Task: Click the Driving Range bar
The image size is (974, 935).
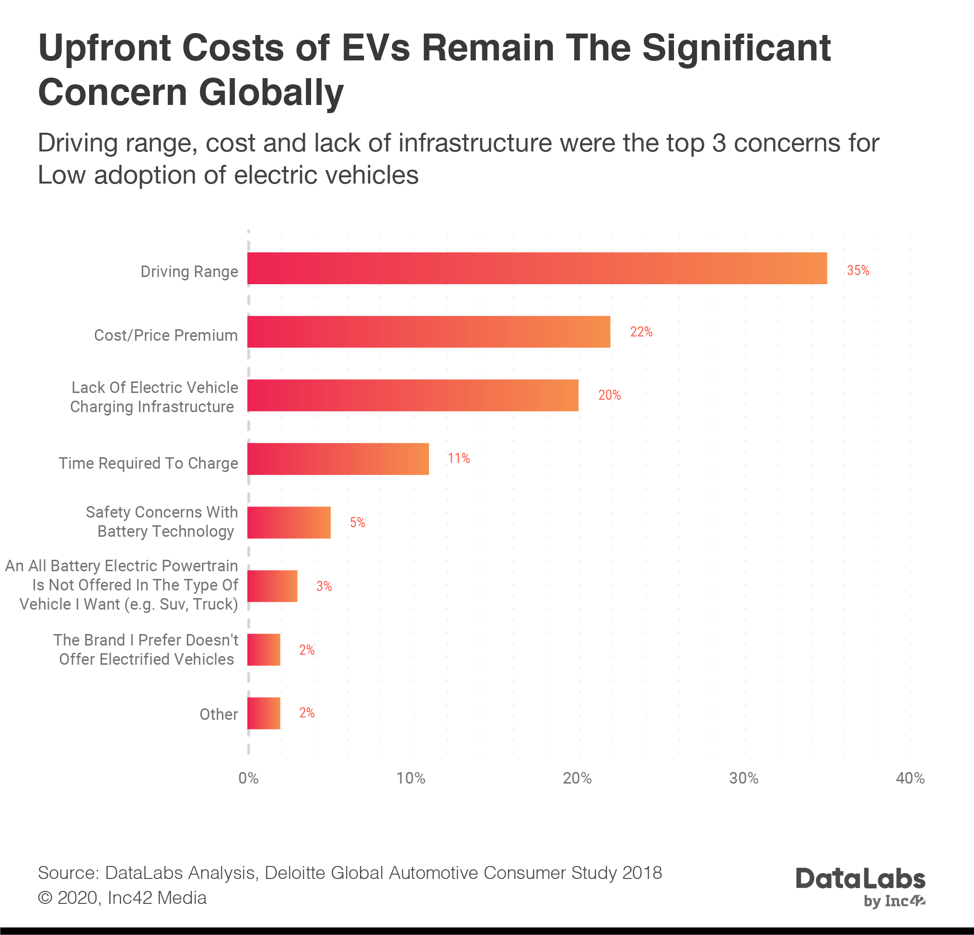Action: tap(537, 268)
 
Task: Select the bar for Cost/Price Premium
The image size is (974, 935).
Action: tap(429, 332)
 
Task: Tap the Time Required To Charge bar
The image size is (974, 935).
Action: tap(338, 459)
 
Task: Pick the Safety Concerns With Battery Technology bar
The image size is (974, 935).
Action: tap(289, 523)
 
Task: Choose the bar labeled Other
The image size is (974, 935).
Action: tap(264, 714)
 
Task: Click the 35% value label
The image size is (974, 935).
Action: tap(858, 271)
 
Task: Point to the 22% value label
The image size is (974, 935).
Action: tap(641, 332)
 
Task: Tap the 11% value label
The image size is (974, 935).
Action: tap(458, 459)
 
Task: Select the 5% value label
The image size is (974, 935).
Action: tap(357, 523)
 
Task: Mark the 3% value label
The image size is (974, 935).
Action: tap(324, 586)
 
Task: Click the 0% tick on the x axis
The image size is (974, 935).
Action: tap(248, 778)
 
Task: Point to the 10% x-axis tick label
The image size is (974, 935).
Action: tap(411, 778)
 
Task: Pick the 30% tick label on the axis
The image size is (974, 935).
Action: tap(744, 778)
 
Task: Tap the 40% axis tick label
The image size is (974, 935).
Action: tap(910, 778)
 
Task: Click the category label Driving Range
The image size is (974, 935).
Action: tap(189, 272)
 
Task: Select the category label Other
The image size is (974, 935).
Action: tap(219, 715)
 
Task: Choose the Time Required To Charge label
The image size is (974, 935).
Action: tap(149, 463)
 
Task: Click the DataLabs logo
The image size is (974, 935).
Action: tap(860, 887)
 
